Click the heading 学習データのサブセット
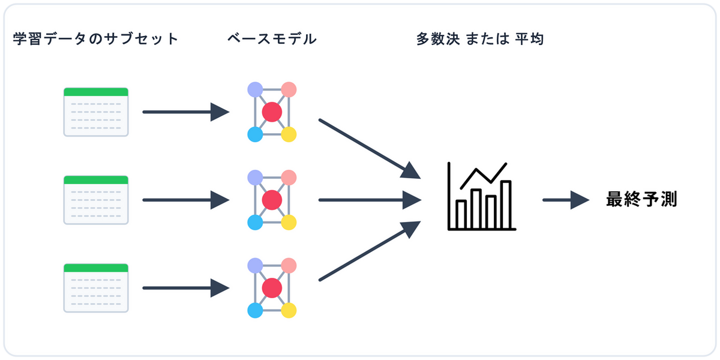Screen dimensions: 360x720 [96, 40]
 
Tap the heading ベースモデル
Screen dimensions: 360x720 [272, 40]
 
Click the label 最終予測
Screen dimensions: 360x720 [641, 200]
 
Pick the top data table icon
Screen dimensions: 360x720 [96, 112]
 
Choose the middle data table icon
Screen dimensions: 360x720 [96, 200]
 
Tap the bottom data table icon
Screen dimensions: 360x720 [96, 288]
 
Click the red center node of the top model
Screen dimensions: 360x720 [272, 112]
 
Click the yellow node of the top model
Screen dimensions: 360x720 [289, 134]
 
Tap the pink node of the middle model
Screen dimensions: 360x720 [289, 178]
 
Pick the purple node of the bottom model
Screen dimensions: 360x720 [255, 265]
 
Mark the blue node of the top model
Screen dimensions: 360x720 [255, 134]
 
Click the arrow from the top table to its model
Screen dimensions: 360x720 [185, 112]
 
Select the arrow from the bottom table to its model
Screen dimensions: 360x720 [185, 288]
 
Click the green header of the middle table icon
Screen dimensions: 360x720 [96, 179]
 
